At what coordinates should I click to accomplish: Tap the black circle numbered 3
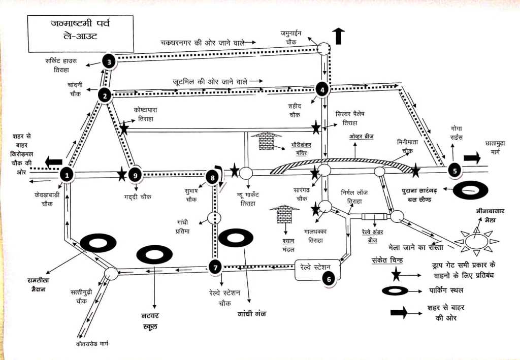109,61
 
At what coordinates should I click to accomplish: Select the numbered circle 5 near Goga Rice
454,171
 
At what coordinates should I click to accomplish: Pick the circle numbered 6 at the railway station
329,278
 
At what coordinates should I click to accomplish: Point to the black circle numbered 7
215,267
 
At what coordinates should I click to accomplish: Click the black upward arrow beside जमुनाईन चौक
338,36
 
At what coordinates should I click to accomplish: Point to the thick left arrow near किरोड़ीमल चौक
53,163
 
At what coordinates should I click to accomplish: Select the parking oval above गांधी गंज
236,238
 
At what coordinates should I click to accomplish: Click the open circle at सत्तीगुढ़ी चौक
111,274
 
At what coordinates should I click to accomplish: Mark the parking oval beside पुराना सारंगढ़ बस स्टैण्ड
470,190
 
